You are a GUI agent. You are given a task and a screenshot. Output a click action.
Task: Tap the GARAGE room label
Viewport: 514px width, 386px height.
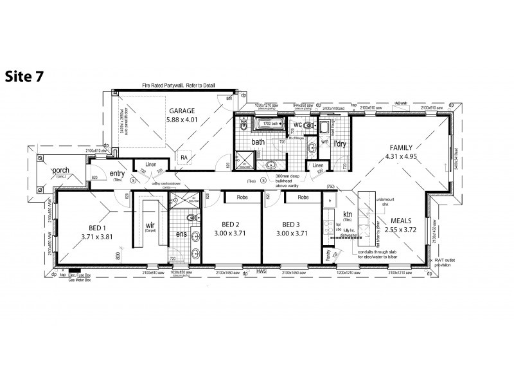[x=182, y=110]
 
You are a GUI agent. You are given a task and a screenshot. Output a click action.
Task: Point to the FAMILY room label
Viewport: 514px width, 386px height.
[x=400, y=147]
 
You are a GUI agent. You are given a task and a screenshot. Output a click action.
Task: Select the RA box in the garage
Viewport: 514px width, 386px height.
[x=184, y=156]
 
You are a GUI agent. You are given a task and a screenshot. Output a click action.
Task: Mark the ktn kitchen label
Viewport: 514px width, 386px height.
[x=348, y=214]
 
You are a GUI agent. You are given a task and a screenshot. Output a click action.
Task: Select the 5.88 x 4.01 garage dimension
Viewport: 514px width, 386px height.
[x=182, y=119]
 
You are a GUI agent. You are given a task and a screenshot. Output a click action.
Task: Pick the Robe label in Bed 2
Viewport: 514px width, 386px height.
[x=242, y=198]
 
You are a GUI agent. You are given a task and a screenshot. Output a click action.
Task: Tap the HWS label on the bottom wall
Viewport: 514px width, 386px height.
[x=262, y=271]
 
